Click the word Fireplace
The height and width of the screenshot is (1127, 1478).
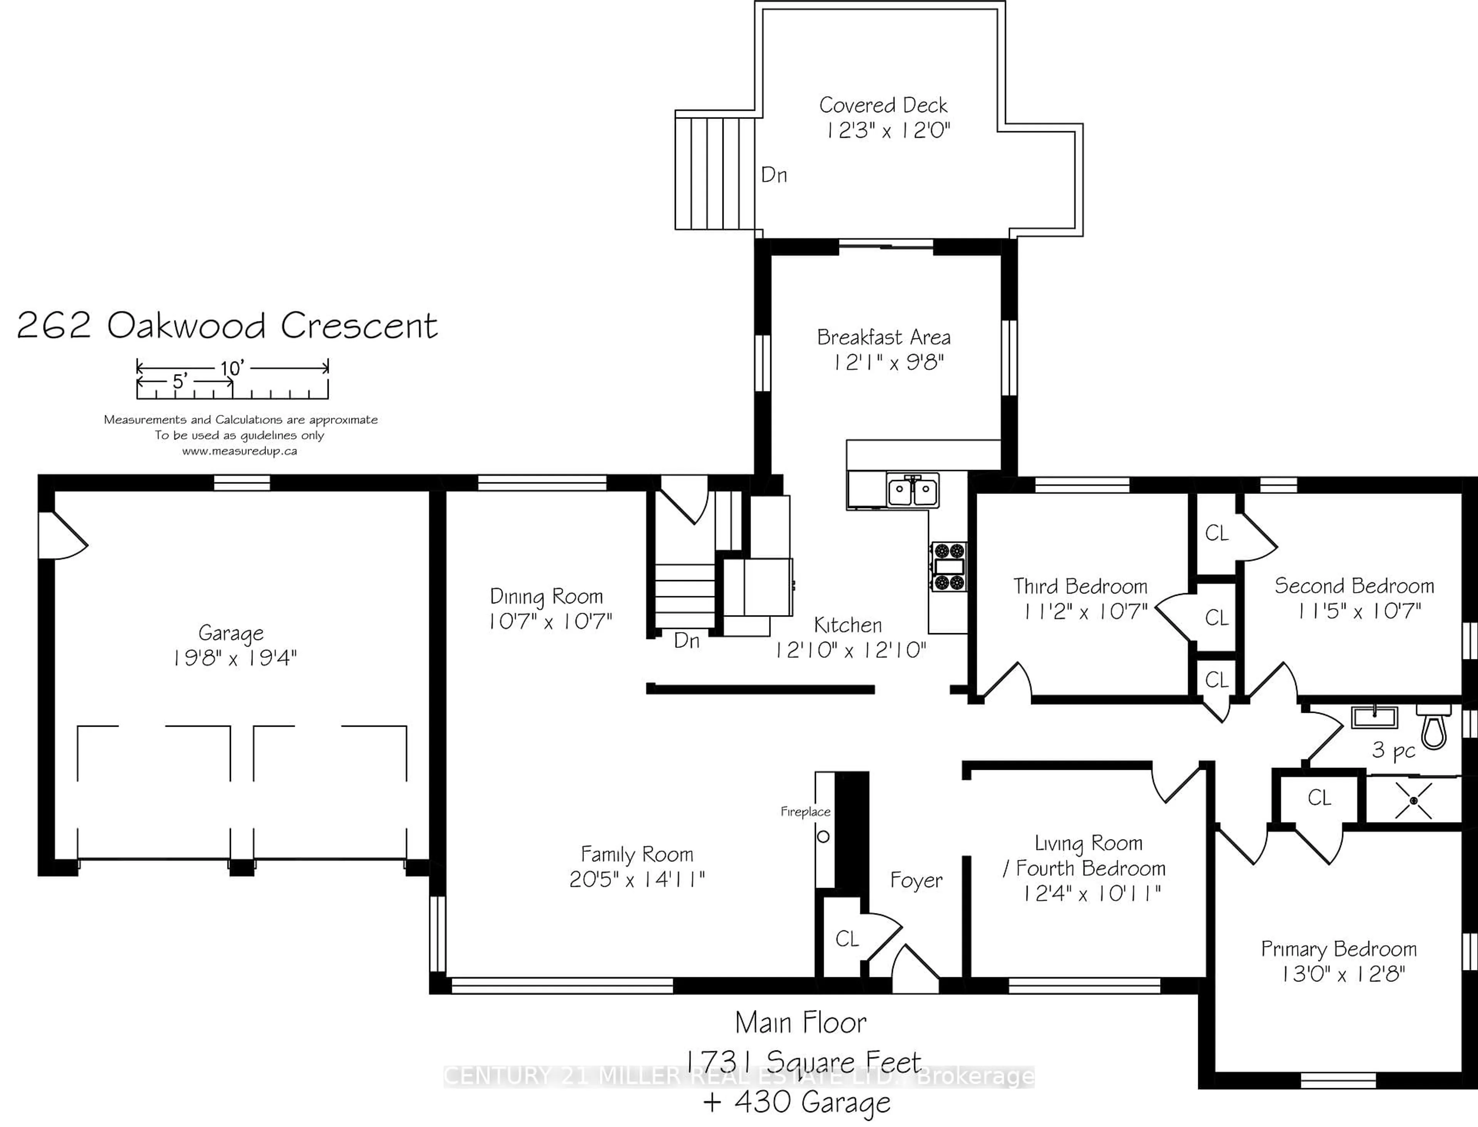click(x=805, y=812)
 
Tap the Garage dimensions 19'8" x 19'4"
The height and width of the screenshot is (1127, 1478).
click(x=234, y=658)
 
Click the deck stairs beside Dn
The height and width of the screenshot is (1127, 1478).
click(x=714, y=174)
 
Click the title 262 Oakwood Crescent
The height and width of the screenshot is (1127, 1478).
click(x=227, y=326)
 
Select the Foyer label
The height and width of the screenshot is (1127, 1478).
click(x=916, y=880)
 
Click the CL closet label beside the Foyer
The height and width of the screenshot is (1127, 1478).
click(x=847, y=938)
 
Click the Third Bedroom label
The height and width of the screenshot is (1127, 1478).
click(x=1080, y=586)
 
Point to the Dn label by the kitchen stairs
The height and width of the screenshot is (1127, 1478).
click(x=686, y=640)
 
